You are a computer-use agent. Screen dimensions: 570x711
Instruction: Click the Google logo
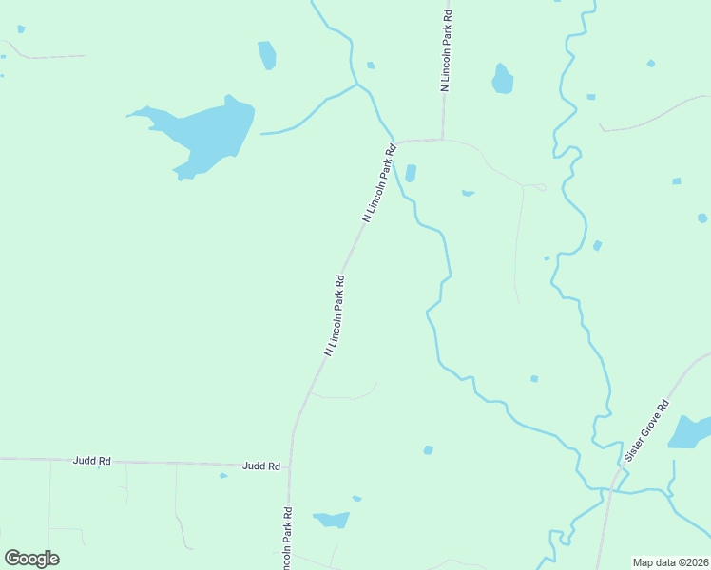pyautogui.click(x=31, y=559)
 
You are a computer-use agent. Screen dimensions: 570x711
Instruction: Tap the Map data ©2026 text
pyautogui.click(x=669, y=562)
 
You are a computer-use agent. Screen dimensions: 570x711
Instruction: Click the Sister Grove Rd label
pyautogui.click(x=647, y=431)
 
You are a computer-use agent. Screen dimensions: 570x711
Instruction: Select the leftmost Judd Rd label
pyautogui.click(x=92, y=461)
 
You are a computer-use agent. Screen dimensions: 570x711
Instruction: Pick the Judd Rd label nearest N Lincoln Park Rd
pyautogui.click(x=260, y=465)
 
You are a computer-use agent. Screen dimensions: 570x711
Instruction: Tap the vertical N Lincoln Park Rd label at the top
pyautogui.click(x=445, y=51)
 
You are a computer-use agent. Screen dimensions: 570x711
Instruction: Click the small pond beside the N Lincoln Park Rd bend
pyautogui.click(x=411, y=173)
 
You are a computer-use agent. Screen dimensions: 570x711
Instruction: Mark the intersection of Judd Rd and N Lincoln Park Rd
pyautogui.click(x=290, y=465)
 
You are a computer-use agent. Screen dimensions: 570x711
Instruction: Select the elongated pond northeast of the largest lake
pyautogui.click(x=267, y=54)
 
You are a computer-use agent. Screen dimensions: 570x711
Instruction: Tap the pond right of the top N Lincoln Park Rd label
pyautogui.click(x=502, y=79)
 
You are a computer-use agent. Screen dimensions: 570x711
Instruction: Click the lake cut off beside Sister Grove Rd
pyautogui.click(x=690, y=432)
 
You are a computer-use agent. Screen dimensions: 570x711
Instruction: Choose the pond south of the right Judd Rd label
pyautogui.click(x=332, y=520)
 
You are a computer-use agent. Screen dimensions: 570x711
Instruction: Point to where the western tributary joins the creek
pyautogui.click(x=357, y=85)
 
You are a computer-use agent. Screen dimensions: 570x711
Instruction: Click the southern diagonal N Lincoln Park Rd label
pyautogui.click(x=334, y=315)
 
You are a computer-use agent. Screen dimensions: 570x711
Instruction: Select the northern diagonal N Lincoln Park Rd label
pyautogui.click(x=378, y=184)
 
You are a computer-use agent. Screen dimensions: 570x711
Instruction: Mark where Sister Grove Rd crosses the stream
pyautogui.click(x=611, y=490)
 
